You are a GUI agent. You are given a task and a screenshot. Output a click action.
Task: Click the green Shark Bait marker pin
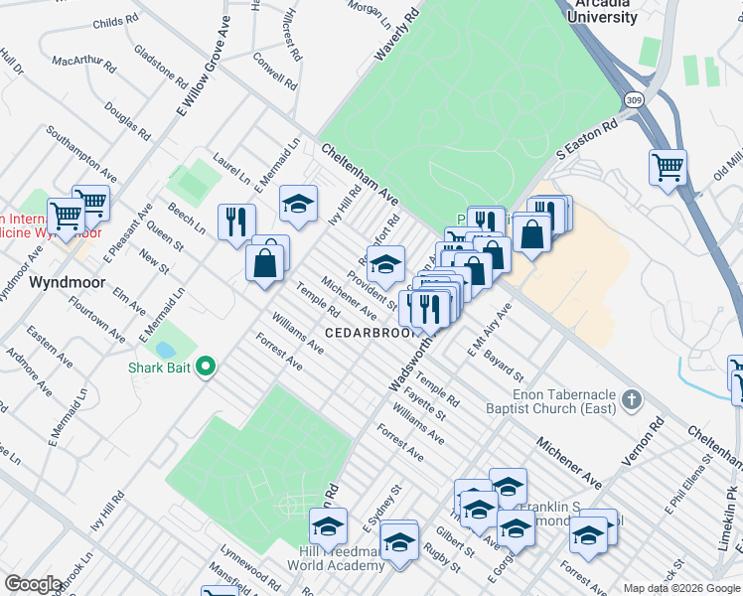206,368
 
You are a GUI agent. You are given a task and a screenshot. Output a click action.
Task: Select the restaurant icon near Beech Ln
236,221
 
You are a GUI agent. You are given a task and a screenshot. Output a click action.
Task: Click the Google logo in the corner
34,584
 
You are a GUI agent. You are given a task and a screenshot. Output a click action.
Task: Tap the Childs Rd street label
115,22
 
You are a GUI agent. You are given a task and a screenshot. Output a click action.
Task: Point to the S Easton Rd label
588,139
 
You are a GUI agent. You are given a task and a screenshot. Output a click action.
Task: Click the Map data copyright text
682,587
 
